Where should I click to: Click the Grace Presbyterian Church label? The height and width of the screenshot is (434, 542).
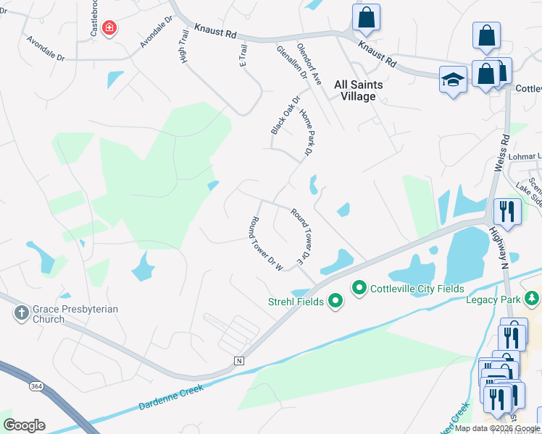pos(70,314)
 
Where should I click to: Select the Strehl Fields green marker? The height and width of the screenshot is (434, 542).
pos(335,299)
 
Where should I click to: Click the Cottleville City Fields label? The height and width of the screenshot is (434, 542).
pos(417,289)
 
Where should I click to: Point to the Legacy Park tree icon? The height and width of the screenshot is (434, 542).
pos(533,298)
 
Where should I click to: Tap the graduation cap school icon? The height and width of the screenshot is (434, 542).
pos(453,80)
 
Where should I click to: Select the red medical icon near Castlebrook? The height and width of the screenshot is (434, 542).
pos(109,28)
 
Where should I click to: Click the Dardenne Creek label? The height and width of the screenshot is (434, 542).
pos(171,399)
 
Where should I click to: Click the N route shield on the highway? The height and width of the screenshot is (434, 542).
pos(238,360)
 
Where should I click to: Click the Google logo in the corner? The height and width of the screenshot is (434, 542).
pos(24,425)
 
